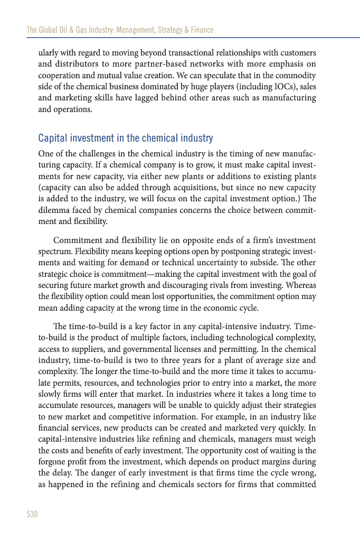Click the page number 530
point(32,514)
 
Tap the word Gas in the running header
point(82,30)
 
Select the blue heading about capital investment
point(125,138)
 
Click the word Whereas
point(300,284)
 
